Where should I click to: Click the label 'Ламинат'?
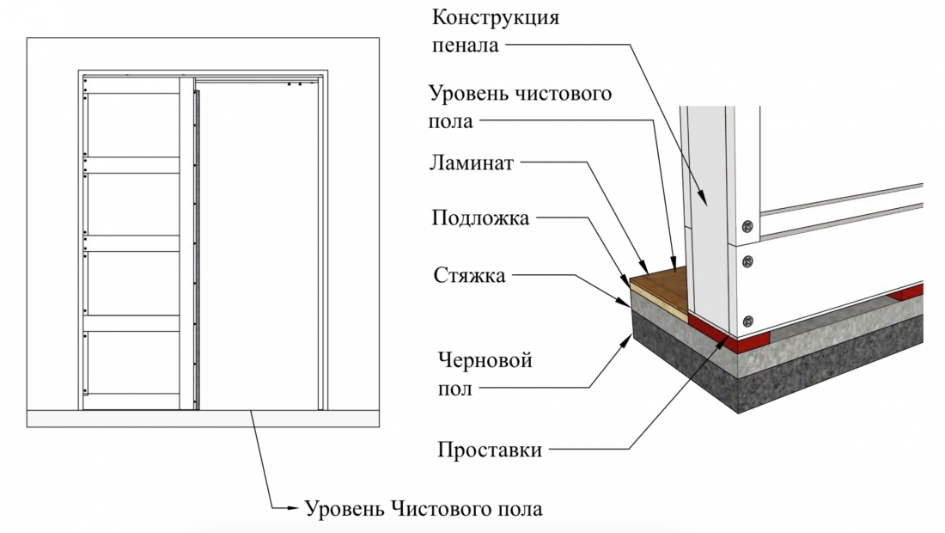click(472, 163)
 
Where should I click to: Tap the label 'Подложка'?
click(480, 217)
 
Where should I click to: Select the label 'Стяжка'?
click(469, 276)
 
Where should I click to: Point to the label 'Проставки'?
click(490, 450)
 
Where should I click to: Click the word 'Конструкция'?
click(496, 18)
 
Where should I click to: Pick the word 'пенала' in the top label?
click(466, 46)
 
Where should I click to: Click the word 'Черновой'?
click(485, 361)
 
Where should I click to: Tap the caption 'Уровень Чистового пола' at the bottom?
click(423, 509)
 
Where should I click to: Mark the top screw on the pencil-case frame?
click(748, 227)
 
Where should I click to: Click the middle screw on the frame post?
click(748, 261)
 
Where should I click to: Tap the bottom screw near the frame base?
click(748, 321)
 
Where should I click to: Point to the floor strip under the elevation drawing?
click(203, 419)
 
